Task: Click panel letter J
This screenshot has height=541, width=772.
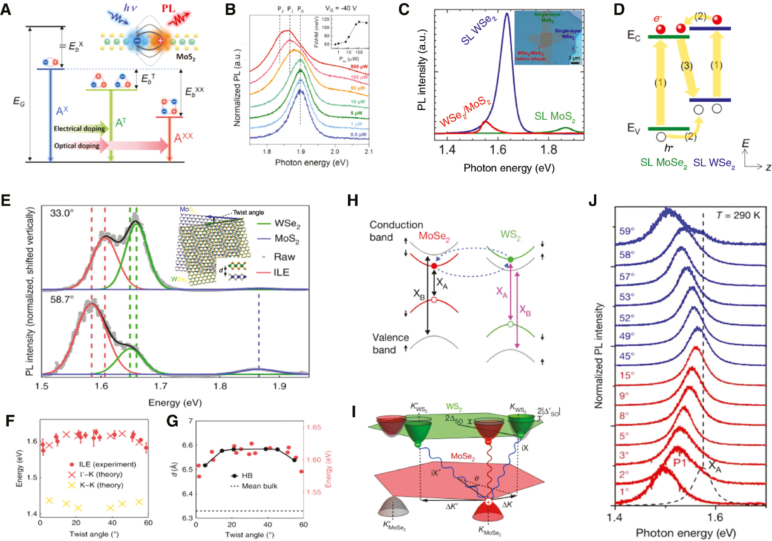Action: coord(592,200)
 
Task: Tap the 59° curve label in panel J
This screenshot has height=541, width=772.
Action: coord(626,231)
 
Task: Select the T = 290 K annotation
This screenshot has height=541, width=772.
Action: coord(738,215)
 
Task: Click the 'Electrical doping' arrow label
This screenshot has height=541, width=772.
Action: coord(79,129)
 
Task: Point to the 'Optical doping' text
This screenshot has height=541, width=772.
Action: coord(77,146)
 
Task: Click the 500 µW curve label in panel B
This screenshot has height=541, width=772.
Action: coord(359,67)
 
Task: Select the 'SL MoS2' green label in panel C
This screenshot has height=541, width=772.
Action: coord(554,117)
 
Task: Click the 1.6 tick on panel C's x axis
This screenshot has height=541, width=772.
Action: coord(498,149)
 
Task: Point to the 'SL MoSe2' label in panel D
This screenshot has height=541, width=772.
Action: coord(663,163)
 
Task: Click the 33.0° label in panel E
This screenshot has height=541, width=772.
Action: coord(62,213)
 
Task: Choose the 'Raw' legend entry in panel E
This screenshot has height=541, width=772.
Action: coord(284,257)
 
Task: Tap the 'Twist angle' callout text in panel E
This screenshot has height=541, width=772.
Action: coord(248,213)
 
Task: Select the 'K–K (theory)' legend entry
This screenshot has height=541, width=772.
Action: coord(101,485)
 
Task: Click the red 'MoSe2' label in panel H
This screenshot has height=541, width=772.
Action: coord(434,236)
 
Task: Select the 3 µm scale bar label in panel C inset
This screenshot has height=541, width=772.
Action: coord(574,58)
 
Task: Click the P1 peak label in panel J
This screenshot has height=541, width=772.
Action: coord(680,463)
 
